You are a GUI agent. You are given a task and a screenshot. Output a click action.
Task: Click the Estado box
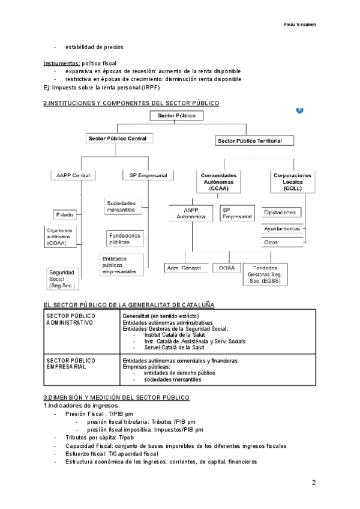pyautogui.click(x=65, y=214)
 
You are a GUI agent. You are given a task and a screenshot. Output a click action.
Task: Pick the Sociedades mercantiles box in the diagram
pyautogui.click(x=123, y=206)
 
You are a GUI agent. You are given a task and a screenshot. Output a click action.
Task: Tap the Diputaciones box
pyautogui.click(x=281, y=212)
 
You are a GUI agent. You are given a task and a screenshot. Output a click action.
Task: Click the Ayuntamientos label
pyautogui.click(x=282, y=229)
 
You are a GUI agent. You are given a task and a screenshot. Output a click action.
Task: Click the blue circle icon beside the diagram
pyautogui.click(x=299, y=110)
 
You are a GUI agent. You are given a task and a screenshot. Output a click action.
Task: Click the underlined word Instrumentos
pyautogui.click(x=61, y=63)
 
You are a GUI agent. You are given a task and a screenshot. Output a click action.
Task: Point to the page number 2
pyautogui.click(x=313, y=483)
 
